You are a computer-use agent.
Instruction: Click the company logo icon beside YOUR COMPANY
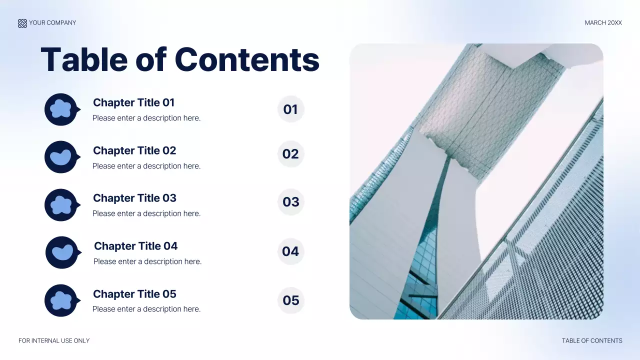point(22,23)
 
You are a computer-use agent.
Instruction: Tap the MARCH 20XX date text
point(603,23)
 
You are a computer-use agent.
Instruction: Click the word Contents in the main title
point(247,59)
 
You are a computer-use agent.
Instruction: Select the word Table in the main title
point(83,59)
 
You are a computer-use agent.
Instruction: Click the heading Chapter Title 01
point(133,102)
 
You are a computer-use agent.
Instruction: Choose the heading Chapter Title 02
point(134,150)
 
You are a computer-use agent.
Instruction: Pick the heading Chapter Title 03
point(134,198)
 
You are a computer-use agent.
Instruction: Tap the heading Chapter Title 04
point(135,246)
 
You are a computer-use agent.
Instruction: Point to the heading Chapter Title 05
point(134,294)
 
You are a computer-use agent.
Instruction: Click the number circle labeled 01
point(290,109)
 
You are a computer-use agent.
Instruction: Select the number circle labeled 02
point(290,154)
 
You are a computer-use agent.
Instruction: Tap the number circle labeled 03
point(290,202)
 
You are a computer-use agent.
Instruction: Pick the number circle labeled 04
point(290,251)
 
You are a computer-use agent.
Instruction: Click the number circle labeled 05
point(290,300)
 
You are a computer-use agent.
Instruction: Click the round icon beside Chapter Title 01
point(61,109)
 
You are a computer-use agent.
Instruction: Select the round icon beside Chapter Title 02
point(61,157)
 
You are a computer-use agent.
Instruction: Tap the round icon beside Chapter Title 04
point(62,252)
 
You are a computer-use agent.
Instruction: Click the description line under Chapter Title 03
point(146,213)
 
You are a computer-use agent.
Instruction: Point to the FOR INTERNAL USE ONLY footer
point(54,340)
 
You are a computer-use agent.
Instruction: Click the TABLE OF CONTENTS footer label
point(592,340)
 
